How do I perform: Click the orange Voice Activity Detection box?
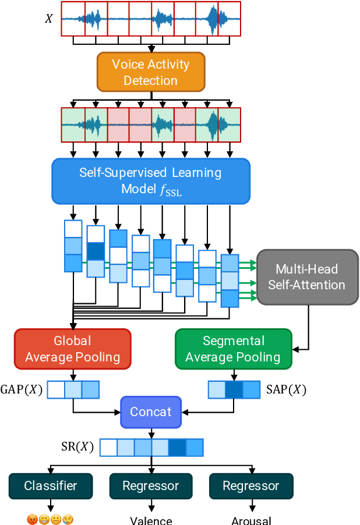tap(151, 72)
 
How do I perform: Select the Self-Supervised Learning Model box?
tap(151, 180)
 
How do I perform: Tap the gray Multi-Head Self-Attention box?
tap(307, 277)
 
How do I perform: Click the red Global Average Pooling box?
tap(72, 349)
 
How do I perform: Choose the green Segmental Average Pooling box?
tap(233, 349)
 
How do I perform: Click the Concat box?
tap(151, 412)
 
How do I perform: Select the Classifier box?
tap(51, 486)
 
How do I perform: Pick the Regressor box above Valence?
tap(151, 486)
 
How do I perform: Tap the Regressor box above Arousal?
tap(251, 486)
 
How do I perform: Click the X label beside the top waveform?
tap(49, 19)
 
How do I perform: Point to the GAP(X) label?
tap(22, 389)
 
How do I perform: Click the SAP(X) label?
tap(285, 389)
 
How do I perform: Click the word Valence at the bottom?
tap(151, 520)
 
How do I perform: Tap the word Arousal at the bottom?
tap(251, 520)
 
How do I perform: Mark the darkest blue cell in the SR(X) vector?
tap(177, 447)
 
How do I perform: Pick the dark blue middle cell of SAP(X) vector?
tap(234, 389)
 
